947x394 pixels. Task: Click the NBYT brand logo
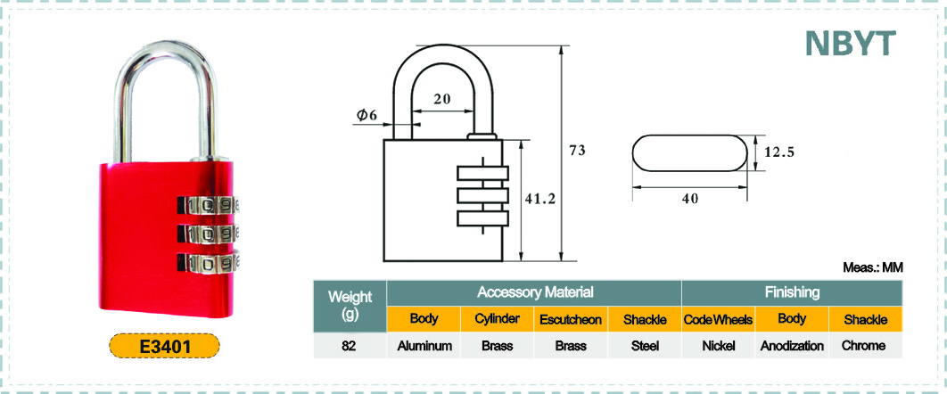[x=850, y=43]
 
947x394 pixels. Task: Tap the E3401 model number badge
[x=164, y=347]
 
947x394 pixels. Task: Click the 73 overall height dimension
[x=577, y=151]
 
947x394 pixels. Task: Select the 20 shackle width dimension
[x=442, y=99]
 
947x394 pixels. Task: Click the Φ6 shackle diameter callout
[x=367, y=115]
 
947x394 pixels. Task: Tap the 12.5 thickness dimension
[x=779, y=152]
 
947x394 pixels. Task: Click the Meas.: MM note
[x=873, y=268]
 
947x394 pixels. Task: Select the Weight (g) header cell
[x=350, y=306]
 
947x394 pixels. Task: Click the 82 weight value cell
[x=350, y=346]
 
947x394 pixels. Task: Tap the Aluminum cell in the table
[x=424, y=346]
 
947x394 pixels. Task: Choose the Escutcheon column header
[x=570, y=320]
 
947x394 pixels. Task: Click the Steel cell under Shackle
[x=645, y=346]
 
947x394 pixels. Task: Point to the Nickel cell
[x=718, y=346]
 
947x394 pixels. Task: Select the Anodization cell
[x=792, y=346]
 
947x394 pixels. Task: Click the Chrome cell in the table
[x=866, y=346]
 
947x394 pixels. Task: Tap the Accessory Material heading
[x=534, y=292]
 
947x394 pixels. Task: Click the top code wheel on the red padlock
[x=209, y=205]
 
